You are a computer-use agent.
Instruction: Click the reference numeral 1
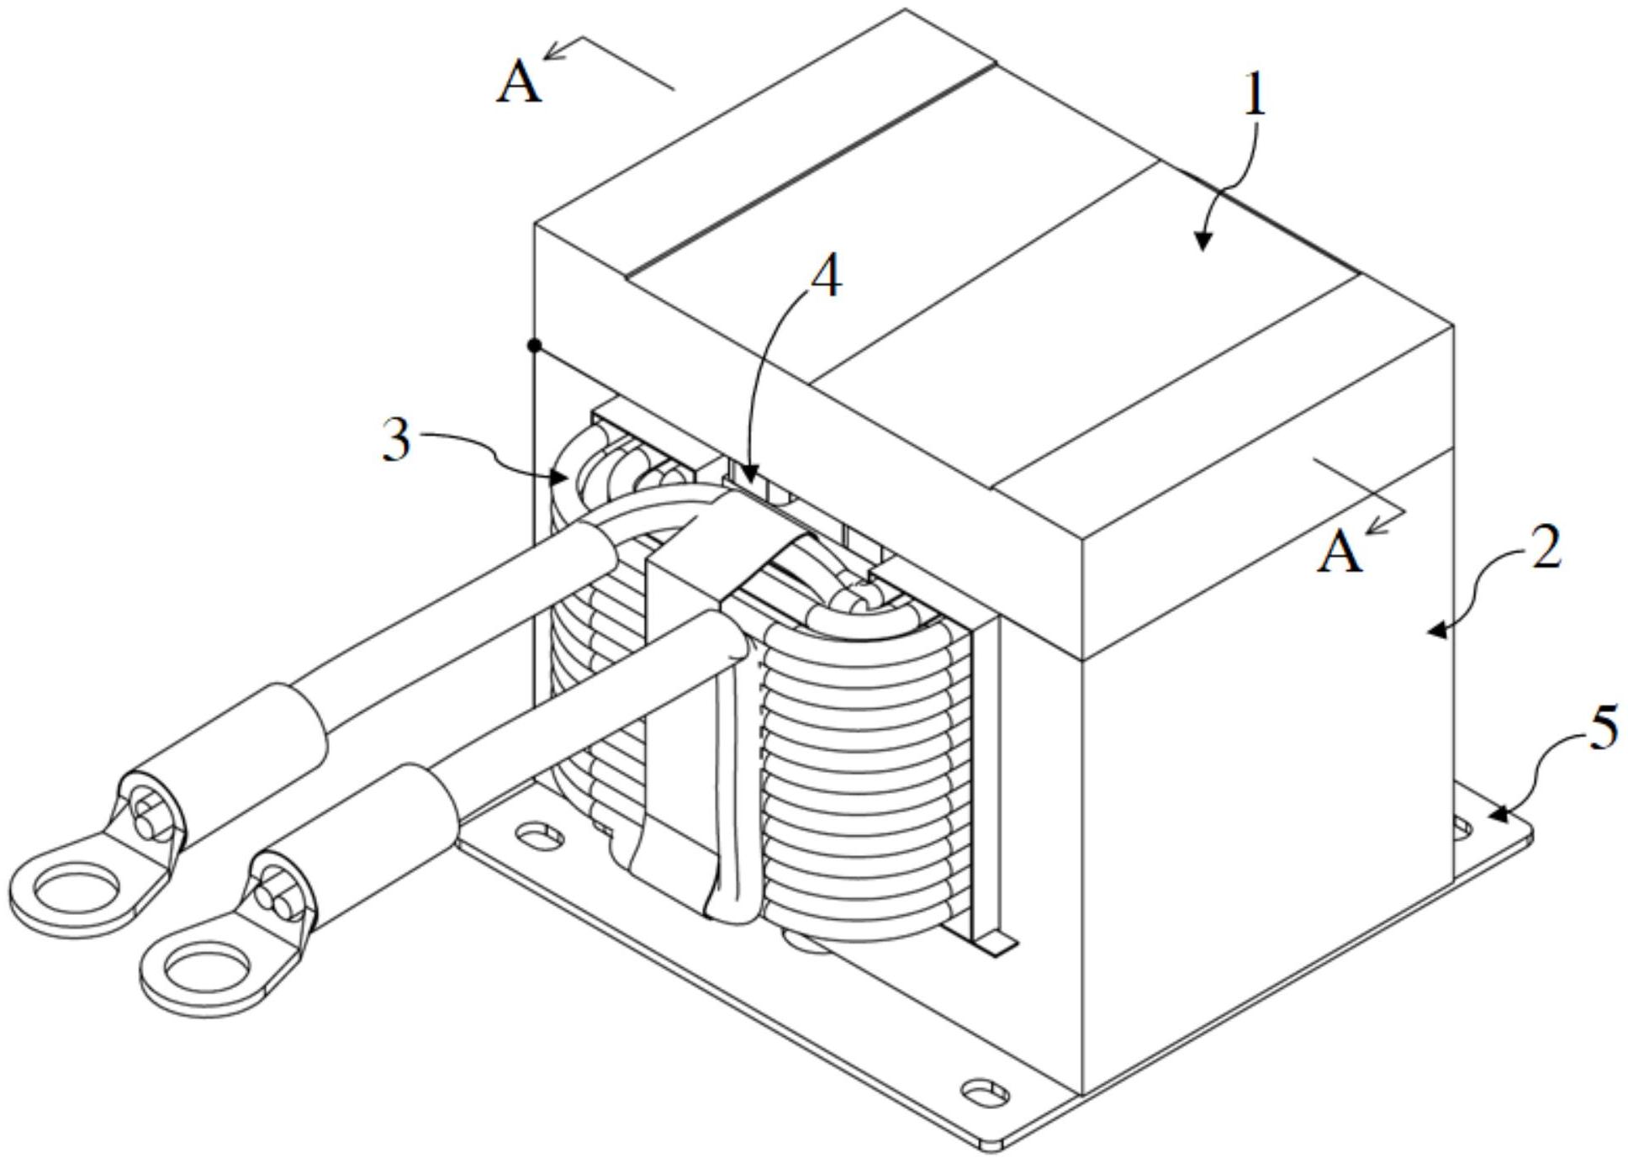pyautogui.click(x=1254, y=98)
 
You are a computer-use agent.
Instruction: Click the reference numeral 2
pyautogui.click(x=1546, y=548)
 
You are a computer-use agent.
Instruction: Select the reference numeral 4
pyautogui.click(x=826, y=277)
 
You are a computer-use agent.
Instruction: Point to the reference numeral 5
pyautogui.click(x=1604, y=727)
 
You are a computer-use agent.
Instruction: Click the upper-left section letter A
pyautogui.click(x=518, y=84)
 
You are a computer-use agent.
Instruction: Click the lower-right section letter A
pyautogui.click(x=1339, y=553)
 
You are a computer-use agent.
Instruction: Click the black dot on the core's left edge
pyautogui.click(x=533, y=345)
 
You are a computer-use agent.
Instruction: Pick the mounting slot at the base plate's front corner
pyautogui.click(x=984, y=1093)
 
